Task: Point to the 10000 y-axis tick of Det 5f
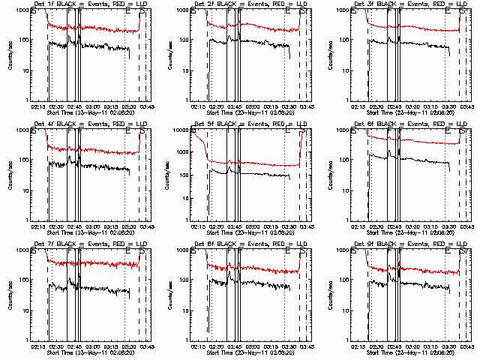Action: coord(181,130)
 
